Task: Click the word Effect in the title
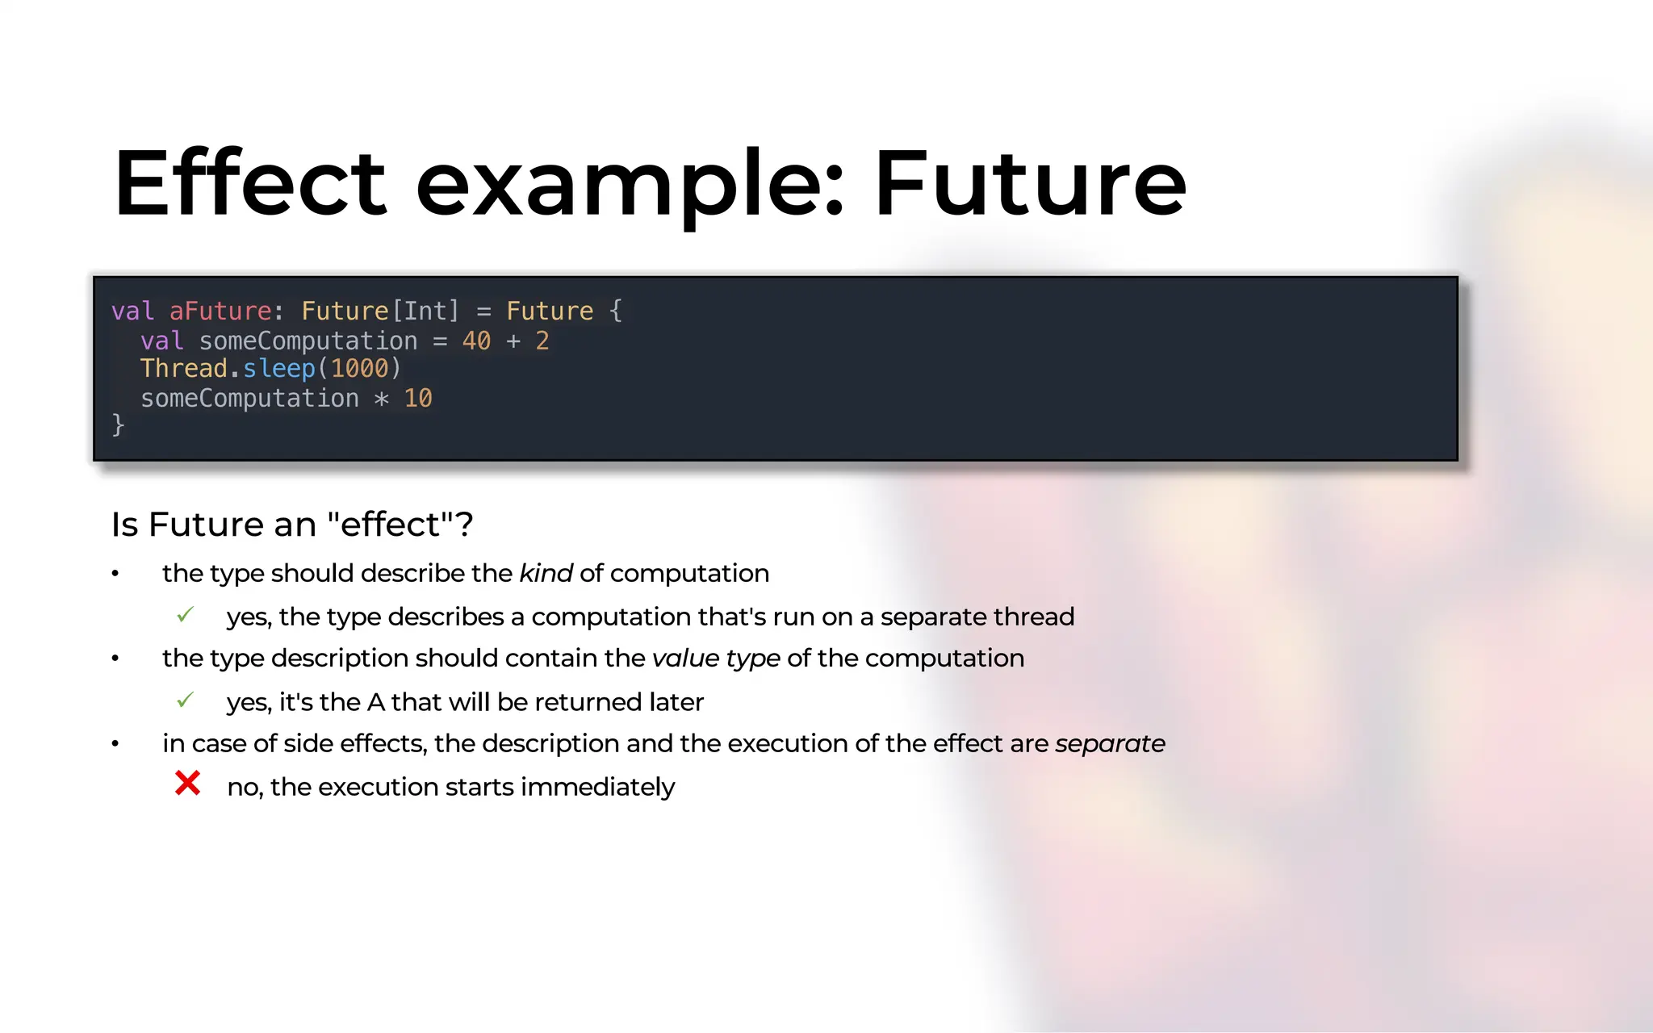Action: (250, 184)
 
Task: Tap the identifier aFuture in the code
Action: (220, 311)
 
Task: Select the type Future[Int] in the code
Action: (380, 311)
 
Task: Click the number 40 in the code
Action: (476, 341)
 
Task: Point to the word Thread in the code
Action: (184, 369)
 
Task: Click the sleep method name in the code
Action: (279, 369)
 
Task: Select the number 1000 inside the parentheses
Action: (359, 369)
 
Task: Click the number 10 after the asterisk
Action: (418, 398)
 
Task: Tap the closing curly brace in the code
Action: (118, 424)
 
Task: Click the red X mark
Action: (187, 783)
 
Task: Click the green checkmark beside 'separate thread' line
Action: (185, 615)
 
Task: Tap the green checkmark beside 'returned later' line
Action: (185, 700)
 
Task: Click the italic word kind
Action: (546, 573)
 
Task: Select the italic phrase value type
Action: (716, 658)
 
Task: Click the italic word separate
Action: (1110, 743)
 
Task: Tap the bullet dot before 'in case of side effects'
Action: (115, 744)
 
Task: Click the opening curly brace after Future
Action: (616, 311)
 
